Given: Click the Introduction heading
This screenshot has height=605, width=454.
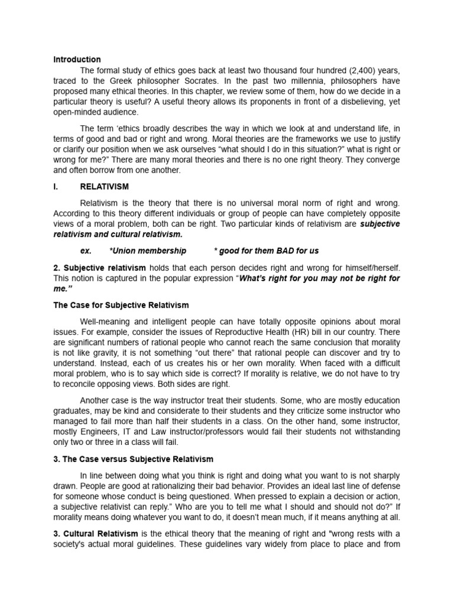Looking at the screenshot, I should (77, 60).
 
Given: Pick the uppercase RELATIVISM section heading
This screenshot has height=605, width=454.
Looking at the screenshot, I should (104, 186).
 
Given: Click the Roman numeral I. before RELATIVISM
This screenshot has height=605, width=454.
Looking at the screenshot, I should (56, 186).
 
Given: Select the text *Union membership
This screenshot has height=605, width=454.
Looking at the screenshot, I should (148, 251).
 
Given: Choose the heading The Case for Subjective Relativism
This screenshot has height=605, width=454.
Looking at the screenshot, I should (121, 305).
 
